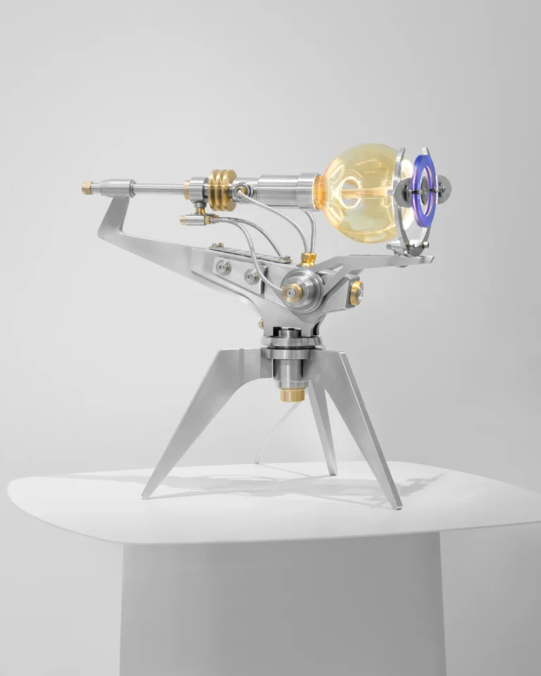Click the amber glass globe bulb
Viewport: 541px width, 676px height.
coord(356,194)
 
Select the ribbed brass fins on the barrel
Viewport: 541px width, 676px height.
coord(221,189)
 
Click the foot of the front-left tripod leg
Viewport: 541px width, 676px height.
coord(149,492)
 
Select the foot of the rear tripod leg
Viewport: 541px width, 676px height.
coord(331,468)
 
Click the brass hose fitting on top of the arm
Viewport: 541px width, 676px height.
coord(307,258)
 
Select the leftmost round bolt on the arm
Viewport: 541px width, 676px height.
coord(223,266)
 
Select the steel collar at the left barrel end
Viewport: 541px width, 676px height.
coord(125,188)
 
